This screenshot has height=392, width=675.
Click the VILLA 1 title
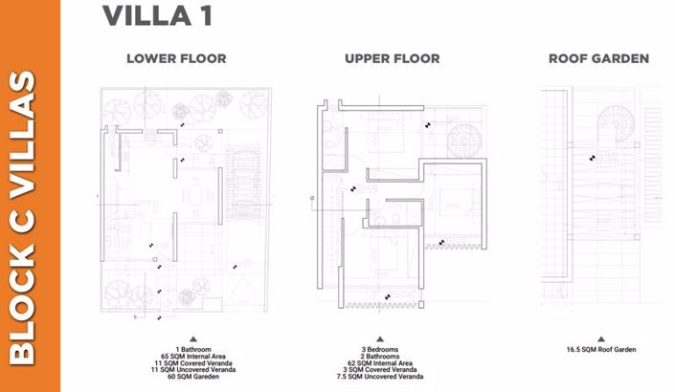[157, 16]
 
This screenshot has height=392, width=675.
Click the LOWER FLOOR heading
[176, 59]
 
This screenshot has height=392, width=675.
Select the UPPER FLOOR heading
[393, 59]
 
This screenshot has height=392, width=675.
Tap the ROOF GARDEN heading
[598, 59]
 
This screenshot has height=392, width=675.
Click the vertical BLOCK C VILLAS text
[30, 218]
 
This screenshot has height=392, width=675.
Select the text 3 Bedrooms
[380, 350]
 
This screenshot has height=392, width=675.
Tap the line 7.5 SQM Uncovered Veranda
[380, 377]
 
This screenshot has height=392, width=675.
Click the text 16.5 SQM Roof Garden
[600, 350]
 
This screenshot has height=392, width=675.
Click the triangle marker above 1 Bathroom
[192, 338]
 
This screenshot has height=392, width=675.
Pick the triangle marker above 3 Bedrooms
[380, 338]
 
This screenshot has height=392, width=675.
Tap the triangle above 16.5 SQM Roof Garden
[600, 338]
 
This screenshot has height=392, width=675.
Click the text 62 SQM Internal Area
[380, 363]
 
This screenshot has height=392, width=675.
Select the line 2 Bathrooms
[380, 357]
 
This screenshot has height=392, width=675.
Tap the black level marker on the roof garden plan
[594, 157]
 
